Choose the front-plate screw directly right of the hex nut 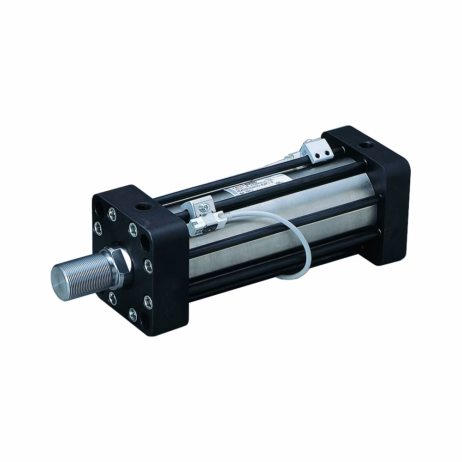[147, 265]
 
